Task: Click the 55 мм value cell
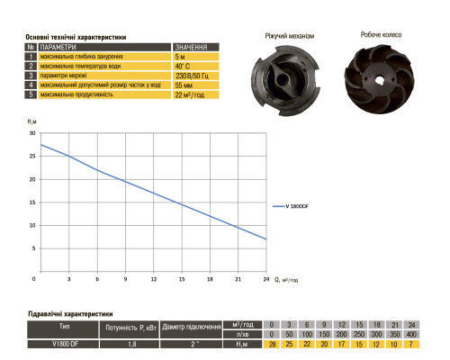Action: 196,85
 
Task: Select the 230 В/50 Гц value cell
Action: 196,76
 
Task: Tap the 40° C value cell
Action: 196,66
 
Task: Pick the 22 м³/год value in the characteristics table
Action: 196,94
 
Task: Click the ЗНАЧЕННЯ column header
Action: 196,47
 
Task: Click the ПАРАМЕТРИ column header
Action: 104,47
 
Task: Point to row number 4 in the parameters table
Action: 31,85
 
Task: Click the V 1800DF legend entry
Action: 291,206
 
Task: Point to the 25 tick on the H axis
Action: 32,156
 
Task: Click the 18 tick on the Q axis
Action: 210,279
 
